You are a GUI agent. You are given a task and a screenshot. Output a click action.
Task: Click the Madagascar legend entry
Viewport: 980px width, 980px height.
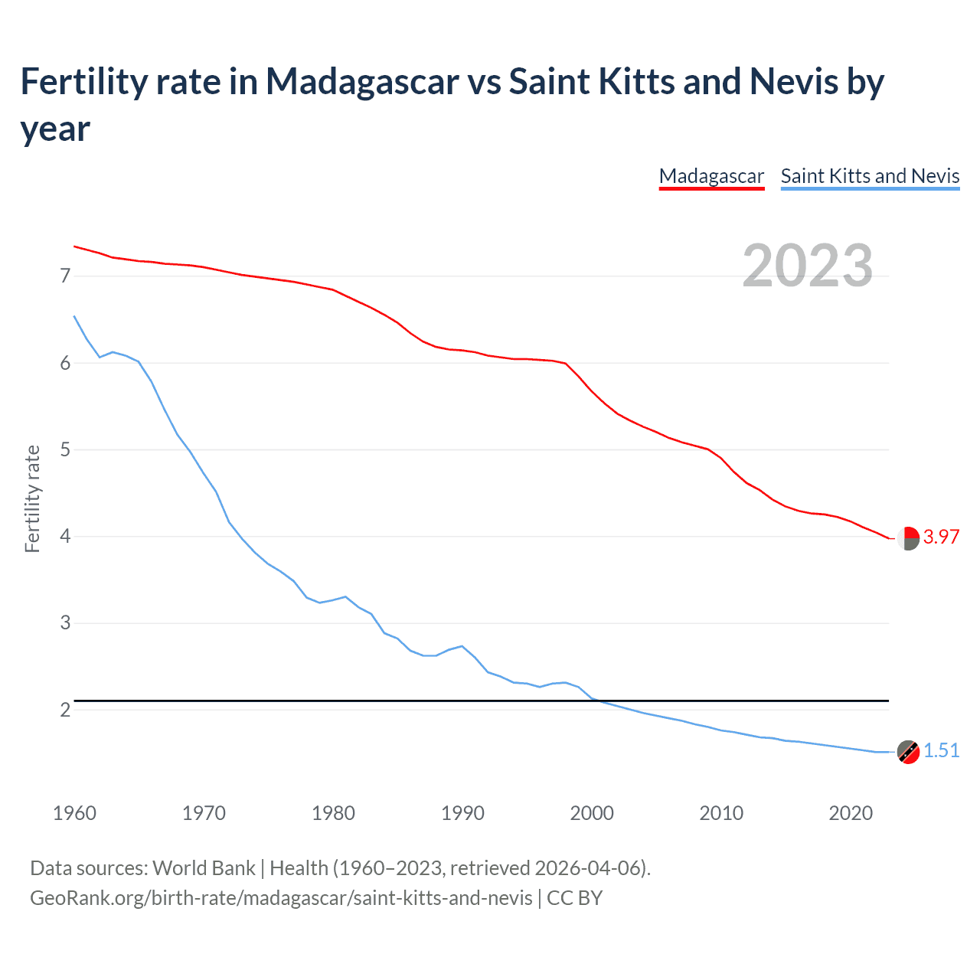click(711, 176)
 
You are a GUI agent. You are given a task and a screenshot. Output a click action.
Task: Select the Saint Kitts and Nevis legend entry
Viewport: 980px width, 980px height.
click(870, 176)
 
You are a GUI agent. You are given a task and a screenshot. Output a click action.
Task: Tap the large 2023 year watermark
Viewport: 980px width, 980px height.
click(808, 266)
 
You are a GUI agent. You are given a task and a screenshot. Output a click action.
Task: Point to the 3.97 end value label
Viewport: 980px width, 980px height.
click(941, 537)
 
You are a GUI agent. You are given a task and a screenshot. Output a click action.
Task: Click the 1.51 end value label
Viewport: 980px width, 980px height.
click(941, 750)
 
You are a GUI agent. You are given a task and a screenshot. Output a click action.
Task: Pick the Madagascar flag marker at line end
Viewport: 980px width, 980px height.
click(908, 538)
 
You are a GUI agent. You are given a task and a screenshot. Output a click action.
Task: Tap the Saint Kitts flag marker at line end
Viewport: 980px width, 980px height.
click(908, 752)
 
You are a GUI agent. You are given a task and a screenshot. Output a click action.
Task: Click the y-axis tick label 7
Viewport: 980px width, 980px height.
click(65, 276)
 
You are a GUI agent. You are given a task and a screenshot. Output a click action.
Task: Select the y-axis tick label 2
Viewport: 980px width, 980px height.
click(65, 710)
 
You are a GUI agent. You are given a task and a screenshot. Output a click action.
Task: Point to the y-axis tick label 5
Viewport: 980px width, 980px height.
click(65, 449)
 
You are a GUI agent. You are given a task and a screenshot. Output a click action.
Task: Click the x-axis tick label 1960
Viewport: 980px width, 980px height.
click(74, 813)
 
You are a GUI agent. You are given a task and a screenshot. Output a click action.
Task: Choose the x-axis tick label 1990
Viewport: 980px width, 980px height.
click(462, 813)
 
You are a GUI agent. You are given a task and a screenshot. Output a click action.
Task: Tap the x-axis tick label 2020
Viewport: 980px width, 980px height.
click(851, 813)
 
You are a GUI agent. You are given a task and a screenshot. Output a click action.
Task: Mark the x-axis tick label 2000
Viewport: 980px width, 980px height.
click(592, 813)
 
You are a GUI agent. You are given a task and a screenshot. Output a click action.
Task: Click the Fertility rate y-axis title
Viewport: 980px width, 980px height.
click(32, 498)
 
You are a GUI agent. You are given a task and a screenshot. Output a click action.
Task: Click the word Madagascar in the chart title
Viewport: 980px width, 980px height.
click(361, 81)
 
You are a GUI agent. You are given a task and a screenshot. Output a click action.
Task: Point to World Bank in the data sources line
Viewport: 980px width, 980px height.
click(204, 868)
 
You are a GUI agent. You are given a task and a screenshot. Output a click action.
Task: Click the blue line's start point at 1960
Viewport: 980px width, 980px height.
click(74, 316)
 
